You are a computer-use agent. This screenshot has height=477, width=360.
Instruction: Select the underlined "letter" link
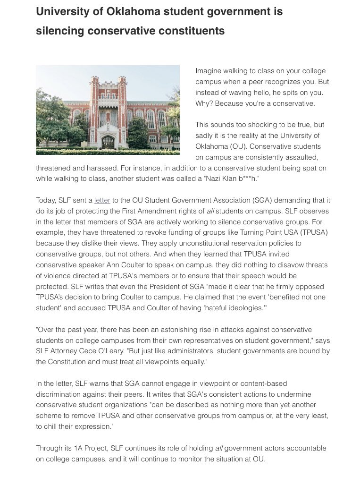(x=102, y=200)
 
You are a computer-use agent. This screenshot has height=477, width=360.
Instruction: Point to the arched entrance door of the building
(x=108, y=142)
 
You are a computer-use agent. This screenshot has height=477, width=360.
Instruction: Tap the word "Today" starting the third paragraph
(x=46, y=200)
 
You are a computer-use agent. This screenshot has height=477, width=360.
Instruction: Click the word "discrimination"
(x=58, y=394)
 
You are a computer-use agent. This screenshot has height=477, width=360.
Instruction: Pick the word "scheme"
(x=49, y=416)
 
